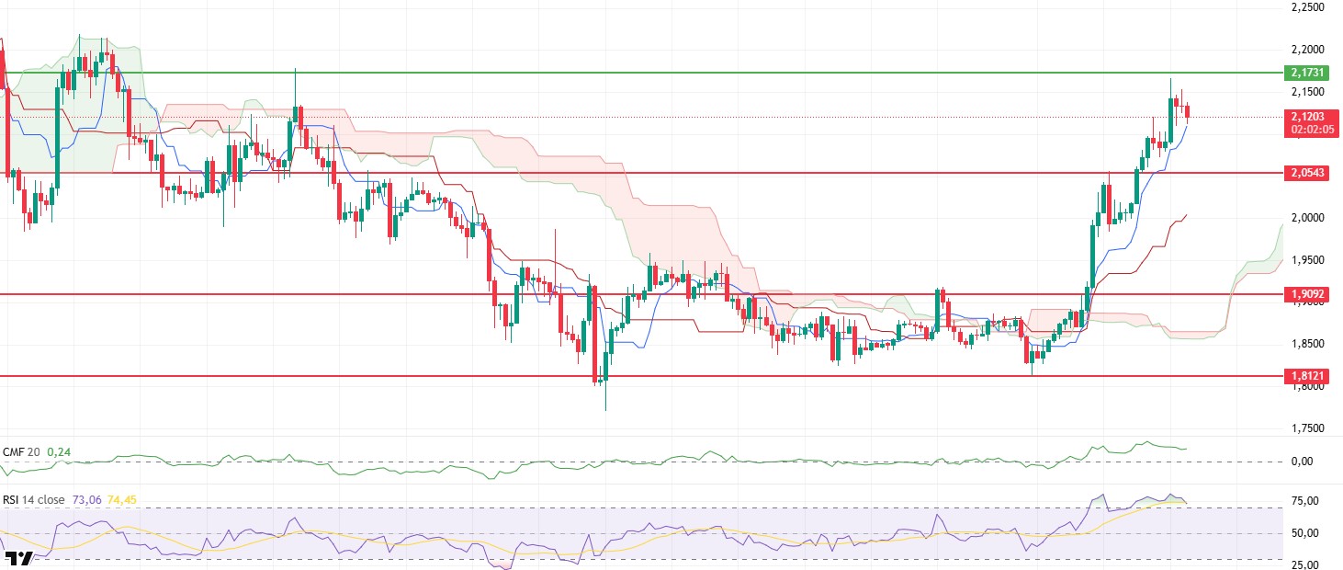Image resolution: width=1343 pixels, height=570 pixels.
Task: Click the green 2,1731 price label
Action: click(1312, 72)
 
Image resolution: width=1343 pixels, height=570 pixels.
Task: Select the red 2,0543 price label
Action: click(1312, 173)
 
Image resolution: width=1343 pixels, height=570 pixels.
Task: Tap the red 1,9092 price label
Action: click(1312, 295)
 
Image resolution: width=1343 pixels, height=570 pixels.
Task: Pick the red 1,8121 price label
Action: click(1312, 376)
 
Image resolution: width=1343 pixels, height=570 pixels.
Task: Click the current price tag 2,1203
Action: click(1312, 117)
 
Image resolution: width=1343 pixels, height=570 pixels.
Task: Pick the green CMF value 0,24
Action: click(59, 452)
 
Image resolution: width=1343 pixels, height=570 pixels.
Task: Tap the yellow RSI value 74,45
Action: click(121, 500)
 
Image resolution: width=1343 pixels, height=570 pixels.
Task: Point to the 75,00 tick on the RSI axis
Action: click(1305, 501)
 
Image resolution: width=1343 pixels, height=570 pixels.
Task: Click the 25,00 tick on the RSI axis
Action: click(1305, 564)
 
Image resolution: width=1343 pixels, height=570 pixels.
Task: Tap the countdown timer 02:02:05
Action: click(1312, 130)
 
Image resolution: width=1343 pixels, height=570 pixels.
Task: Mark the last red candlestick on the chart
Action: click(1188, 112)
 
